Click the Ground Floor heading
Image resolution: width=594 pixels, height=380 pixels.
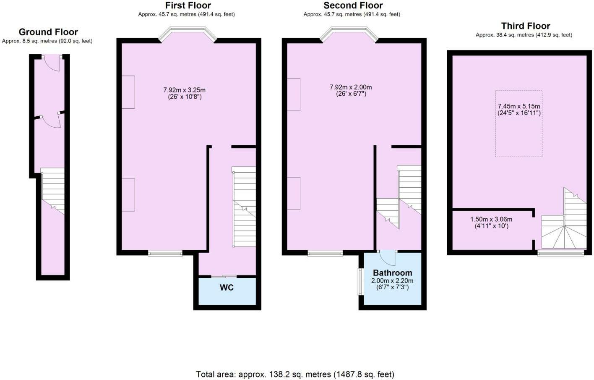tap(48, 32)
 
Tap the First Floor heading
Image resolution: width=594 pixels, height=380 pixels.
tap(188, 5)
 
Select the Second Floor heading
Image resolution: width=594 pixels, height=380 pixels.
tap(353, 5)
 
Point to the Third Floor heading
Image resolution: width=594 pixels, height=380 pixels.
tap(525, 26)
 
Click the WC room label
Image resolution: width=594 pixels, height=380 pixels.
tap(227, 288)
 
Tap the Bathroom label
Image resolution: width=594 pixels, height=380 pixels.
tap(392, 273)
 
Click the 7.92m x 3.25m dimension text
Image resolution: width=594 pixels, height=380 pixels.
tap(184, 90)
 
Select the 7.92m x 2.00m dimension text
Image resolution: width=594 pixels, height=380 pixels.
tap(350, 87)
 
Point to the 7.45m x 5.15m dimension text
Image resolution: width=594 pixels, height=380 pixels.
tap(519, 107)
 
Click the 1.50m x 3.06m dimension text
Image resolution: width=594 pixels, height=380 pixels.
tap(491, 220)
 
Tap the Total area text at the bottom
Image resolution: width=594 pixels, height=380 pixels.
tap(295, 374)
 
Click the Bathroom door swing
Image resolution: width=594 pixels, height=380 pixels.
tap(387, 258)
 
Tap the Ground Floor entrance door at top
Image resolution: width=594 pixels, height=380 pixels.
tap(52, 63)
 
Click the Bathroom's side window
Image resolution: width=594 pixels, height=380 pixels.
tap(360, 281)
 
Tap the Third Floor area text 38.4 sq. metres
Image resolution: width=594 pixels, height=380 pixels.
tap(524, 35)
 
